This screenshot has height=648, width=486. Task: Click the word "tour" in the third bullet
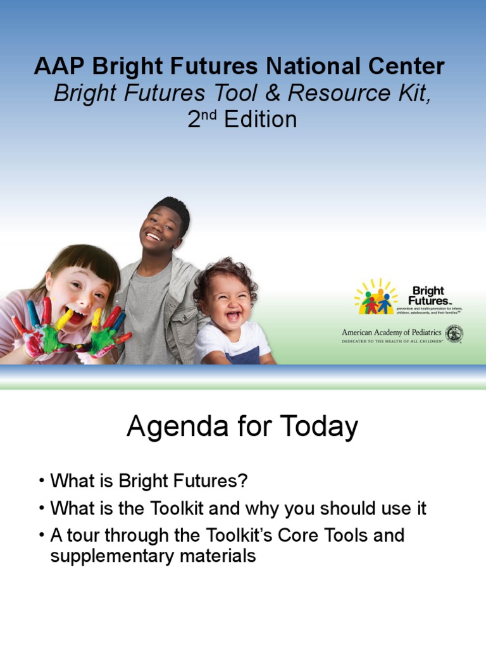point(85,535)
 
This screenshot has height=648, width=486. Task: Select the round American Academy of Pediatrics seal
point(454,333)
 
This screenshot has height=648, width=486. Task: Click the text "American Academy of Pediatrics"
point(391,332)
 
